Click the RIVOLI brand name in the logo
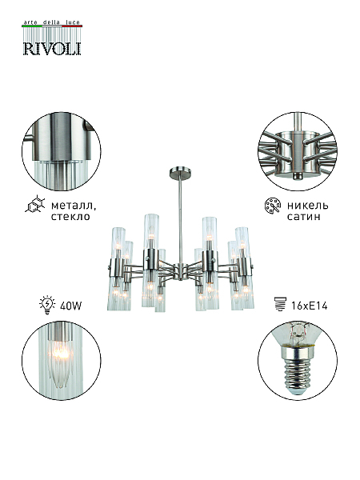click(52, 48)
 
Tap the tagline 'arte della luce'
click(52, 22)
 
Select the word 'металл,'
click(74, 205)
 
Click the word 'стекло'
click(70, 217)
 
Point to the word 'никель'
click(307, 205)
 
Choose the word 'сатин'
click(304, 217)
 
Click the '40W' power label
click(70, 306)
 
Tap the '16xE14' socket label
click(310, 306)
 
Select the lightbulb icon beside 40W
click(47, 305)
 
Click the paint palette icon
click(272, 206)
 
